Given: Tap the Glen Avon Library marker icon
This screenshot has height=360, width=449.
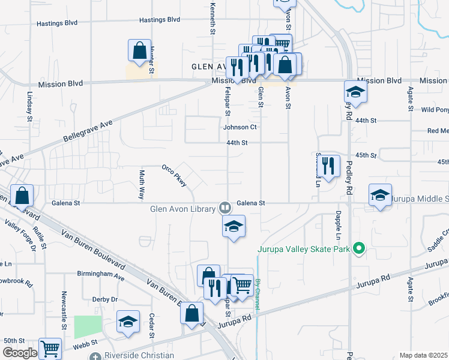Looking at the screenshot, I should click(225, 208).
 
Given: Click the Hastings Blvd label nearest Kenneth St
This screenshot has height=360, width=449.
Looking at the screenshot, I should click(160, 20).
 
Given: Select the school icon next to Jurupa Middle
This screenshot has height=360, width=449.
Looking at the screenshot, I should click(380, 195).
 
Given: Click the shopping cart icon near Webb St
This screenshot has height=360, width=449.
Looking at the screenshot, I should click(50, 349).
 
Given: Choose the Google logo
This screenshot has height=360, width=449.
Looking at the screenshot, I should click(20, 353).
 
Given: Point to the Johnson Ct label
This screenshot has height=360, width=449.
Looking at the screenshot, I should click(240, 127).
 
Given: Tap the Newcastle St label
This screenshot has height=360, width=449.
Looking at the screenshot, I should click(64, 311).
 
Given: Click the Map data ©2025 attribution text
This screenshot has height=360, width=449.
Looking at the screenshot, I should click(423, 355).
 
